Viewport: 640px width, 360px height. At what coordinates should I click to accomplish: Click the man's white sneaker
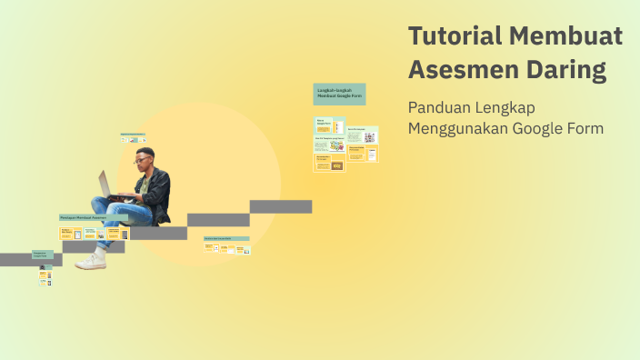click(x=91, y=261)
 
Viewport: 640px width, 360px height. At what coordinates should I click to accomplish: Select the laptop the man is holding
click(x=107, y=185)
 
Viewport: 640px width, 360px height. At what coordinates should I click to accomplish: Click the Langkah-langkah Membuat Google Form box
click(x=339, y=94)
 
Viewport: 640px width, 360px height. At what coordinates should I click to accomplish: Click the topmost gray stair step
click(x=281, y=206)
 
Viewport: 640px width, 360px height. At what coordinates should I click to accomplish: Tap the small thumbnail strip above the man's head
click(x=133, y=138)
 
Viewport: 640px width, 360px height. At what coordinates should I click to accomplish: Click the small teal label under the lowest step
click(x=43, y=255)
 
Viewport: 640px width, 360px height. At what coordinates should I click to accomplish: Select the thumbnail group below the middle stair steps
click(x=226, y=244)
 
